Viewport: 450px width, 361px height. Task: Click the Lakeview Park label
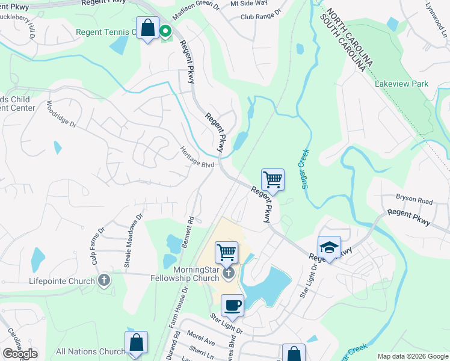tap(401, 84)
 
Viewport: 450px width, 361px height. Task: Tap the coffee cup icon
tap(232, 306)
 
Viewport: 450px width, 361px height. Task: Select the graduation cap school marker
tap(329, 247)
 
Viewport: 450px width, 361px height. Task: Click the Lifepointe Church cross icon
tap(104, 280)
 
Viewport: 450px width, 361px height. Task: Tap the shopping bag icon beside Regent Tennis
tap(147, 28)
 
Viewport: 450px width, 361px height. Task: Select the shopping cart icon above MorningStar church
tap(226, 252)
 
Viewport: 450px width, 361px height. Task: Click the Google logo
tap(20, 353)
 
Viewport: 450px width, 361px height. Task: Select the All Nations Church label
tap(90, 352)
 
